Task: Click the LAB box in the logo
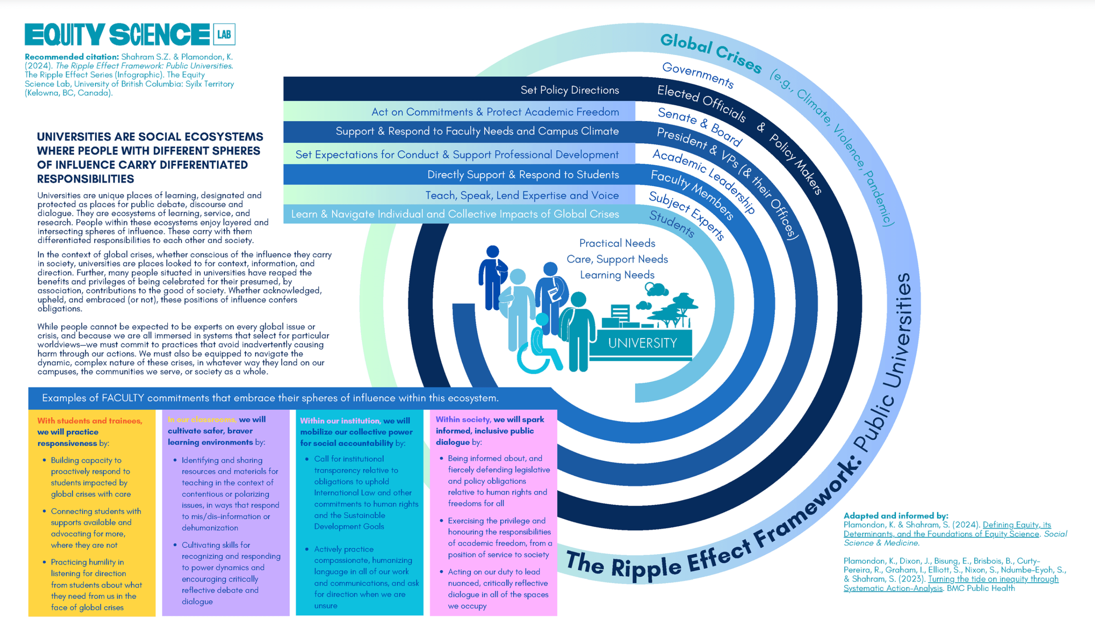(224, 34)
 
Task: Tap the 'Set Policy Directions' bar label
(570, 90)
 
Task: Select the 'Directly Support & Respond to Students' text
(523, 175)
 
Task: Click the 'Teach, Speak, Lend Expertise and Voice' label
(522, 195)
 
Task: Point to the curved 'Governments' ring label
(698, 75)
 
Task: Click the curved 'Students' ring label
(672, 223)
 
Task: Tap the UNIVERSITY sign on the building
(643, 343)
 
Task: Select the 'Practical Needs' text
(617, 243)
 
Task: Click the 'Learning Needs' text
(617, 275)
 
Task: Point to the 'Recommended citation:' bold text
(71, 57)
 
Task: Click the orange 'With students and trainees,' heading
(90, 421)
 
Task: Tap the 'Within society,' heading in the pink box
(463, 420)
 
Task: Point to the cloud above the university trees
(656, 289)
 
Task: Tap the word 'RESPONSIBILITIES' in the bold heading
(86, 179)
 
